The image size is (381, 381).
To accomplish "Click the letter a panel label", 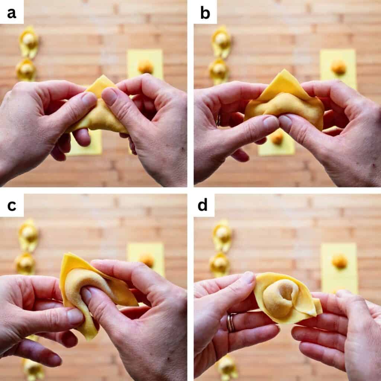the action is (12, 13).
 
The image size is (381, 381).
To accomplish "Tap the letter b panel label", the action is (205, 13).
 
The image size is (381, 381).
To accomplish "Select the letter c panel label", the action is (12, 206).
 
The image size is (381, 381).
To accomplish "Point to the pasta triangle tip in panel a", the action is (103, 76).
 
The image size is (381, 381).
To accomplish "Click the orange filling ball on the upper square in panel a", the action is (145, 67).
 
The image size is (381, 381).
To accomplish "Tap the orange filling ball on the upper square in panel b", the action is (339, 67).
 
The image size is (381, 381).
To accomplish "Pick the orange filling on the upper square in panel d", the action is (339, 262).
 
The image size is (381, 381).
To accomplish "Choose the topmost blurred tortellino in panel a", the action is (29, 42).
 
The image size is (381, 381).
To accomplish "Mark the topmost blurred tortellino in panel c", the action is (29, 235).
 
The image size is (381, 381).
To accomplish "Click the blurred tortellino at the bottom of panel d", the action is (227, 367).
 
